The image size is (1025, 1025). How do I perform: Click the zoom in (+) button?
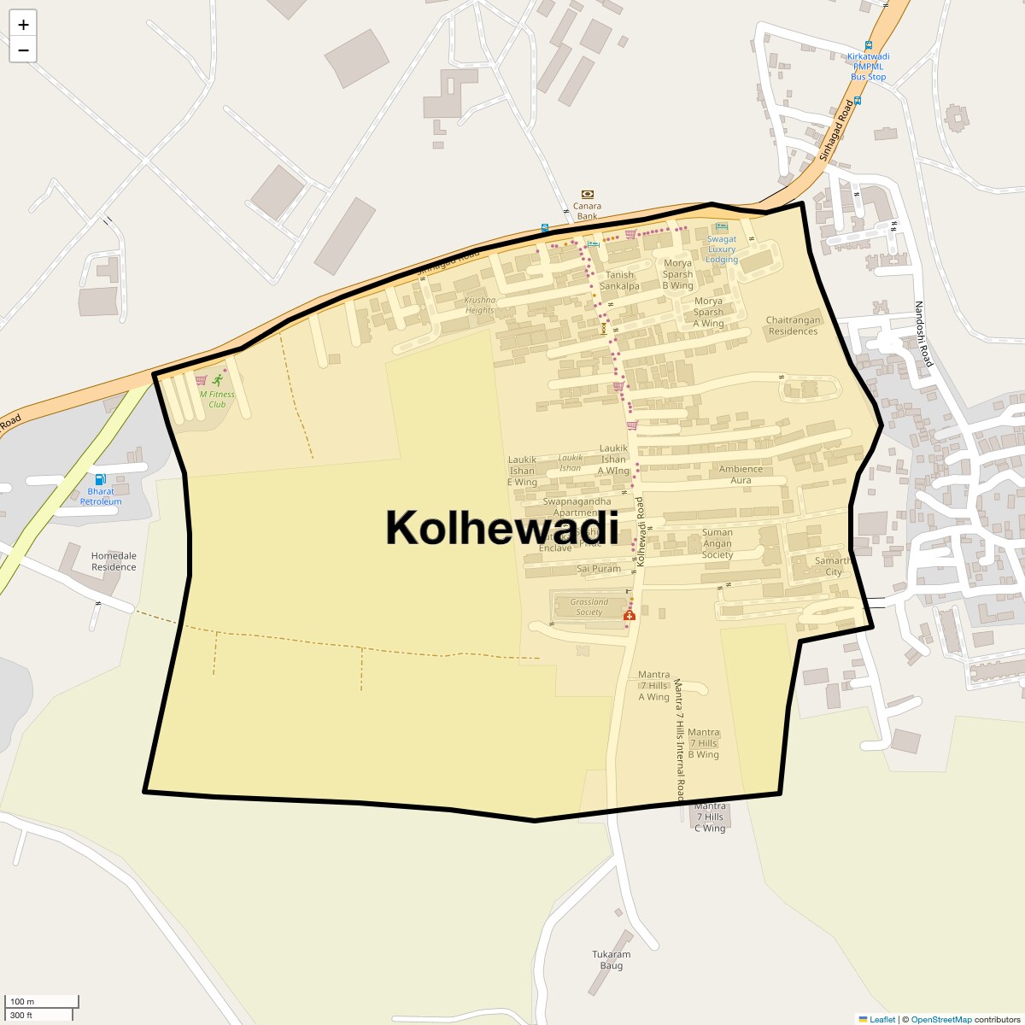click(23, 25)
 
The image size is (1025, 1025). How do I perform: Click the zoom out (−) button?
click(23, 50)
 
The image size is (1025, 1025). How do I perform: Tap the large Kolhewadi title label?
click(502, 527)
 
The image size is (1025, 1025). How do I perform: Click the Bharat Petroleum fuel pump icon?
click(101, 479)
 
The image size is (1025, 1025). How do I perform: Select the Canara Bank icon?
click(587, 195)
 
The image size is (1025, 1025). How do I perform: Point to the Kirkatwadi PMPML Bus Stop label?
click(869, 67)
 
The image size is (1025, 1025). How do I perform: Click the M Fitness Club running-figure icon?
click(218, 380)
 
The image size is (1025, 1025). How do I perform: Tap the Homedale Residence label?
click(114, 561)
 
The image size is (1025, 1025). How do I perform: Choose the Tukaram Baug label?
click(612, 960)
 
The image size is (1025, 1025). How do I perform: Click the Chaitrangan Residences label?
click(793, 325)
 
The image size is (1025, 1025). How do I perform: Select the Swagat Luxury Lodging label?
click(722, 249)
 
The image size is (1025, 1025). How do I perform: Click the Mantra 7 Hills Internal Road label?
click(679, 740)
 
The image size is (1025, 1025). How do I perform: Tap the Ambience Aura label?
click(741, 474)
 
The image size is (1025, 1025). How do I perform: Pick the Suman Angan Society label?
click(717, 543)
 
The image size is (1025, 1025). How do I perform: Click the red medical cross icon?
click(630, 615)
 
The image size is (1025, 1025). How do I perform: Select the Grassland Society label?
click(589, 606)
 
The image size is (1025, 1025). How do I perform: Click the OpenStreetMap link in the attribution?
click(940, 1019)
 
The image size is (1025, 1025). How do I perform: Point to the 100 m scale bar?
click(41, 1002)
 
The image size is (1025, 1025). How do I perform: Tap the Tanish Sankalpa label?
click(619, 280)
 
